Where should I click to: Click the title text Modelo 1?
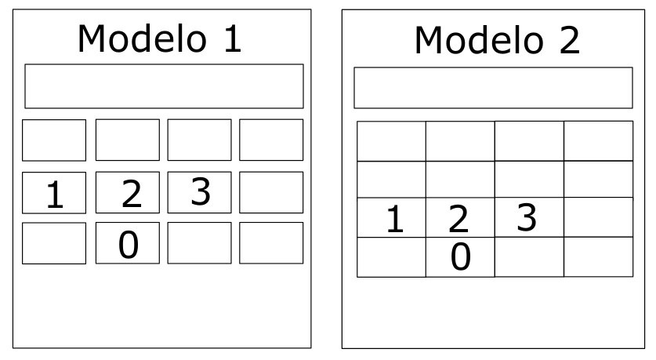pyautogui.click(x=159, y=38)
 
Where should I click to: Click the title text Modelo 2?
pyautogui.click(x=497, y=40)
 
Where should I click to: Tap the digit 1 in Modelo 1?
pyautogui.click(x=55, y=195)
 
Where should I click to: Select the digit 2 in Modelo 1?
pyautogui.click(x=132, y=194)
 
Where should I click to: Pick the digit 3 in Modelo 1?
pyautogui.click(x=201, y=191)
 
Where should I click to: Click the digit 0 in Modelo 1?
pyautogui.click(x=128, y=245)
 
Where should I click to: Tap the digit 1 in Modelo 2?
pyautogui.click(x=395, y=219)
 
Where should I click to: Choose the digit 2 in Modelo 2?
pyautogui.click(x=458, y=219)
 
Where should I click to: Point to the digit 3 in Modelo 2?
pyautogui.click(x=527, y=217)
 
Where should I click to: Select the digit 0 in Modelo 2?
pyautogui.click(x=461, y=256)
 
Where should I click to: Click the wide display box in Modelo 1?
pyautogui.click(x=164, y=86)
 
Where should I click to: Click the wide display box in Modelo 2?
pyautogui.click(x=493, y=88)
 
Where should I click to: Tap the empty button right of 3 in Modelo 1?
pyautogui.click(x=271, y=193)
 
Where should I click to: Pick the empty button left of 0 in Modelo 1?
pyautogui.click(x=54, y=243)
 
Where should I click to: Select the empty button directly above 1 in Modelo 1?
pyautogui.click(x=54, y=140)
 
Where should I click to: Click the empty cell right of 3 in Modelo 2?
pyautogui.click(x=598, y=217)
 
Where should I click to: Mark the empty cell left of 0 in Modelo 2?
pyautogui.click(x=391, y=257)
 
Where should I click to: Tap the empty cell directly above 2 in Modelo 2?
pyautogui.click(x=460, y=180)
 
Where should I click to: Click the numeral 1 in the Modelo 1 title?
pyautogui.click(x=233, y=39)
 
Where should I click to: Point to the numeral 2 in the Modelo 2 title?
pyautogui.click(x=570, y=40)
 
